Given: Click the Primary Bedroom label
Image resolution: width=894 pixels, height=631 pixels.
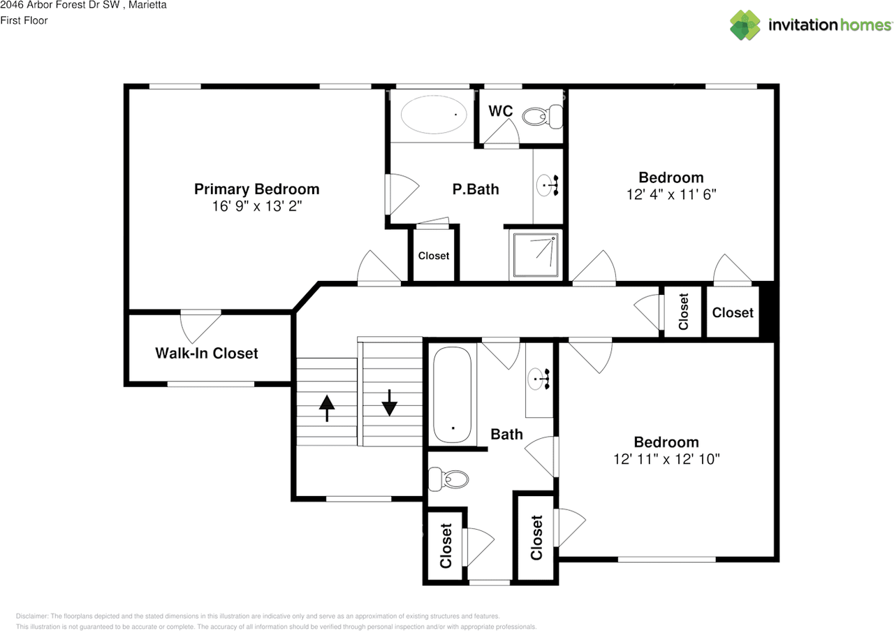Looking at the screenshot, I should pyautogui.click(x=256, y=189).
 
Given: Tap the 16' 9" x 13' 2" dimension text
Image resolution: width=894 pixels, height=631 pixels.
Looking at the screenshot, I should pyautogui.click(x=256, y=207).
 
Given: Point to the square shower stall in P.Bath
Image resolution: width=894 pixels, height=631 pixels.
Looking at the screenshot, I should pyautogui.click(x=536, y=254).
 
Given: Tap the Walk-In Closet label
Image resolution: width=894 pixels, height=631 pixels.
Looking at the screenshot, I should pyautogui.click(x=206, y=354).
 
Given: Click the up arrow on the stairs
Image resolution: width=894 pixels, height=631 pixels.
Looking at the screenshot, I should pyautogui.click(x=326, y=407).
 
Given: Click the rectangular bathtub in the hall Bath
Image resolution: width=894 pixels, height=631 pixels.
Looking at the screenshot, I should pyautogui.click(x=452, y=396).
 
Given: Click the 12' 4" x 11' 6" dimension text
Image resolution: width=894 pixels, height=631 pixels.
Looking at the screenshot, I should pyautogui.click(x=671, y=195).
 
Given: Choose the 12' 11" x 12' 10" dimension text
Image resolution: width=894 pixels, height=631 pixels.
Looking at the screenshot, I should pyautogui.click(x=666, y=459).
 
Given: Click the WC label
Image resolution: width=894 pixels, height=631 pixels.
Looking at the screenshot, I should pyautogui.click(x=500, y=111).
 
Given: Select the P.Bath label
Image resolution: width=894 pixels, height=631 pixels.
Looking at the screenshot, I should pyautogui.click(x=475, y=189).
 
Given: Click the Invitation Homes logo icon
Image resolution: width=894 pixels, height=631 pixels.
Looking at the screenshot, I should pyautogui.click(x=745, y=25).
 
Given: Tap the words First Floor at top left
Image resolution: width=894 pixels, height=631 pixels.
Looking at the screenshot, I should pyautogui.click(x=24, y=20).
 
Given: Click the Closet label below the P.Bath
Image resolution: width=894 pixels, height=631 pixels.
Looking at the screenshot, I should pyautogui.click(x=433, y=256).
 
